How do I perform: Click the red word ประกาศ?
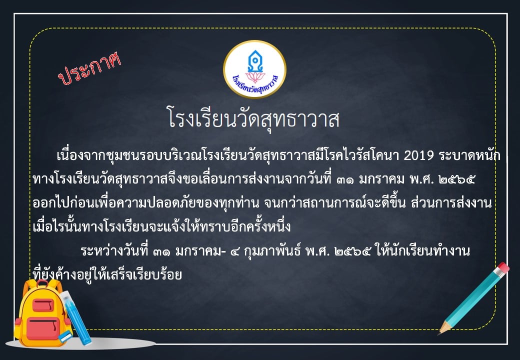(89, 68)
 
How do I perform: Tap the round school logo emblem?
(254, 69)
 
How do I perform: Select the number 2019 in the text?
(418, 155)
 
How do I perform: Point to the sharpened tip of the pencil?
(440, 333)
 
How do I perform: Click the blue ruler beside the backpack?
(75, 317)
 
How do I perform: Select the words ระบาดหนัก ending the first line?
(469, 155)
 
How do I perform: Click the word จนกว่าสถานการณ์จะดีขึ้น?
(335, 203)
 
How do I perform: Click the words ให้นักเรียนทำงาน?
(423, 251)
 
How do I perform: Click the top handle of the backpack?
(42, 283)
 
